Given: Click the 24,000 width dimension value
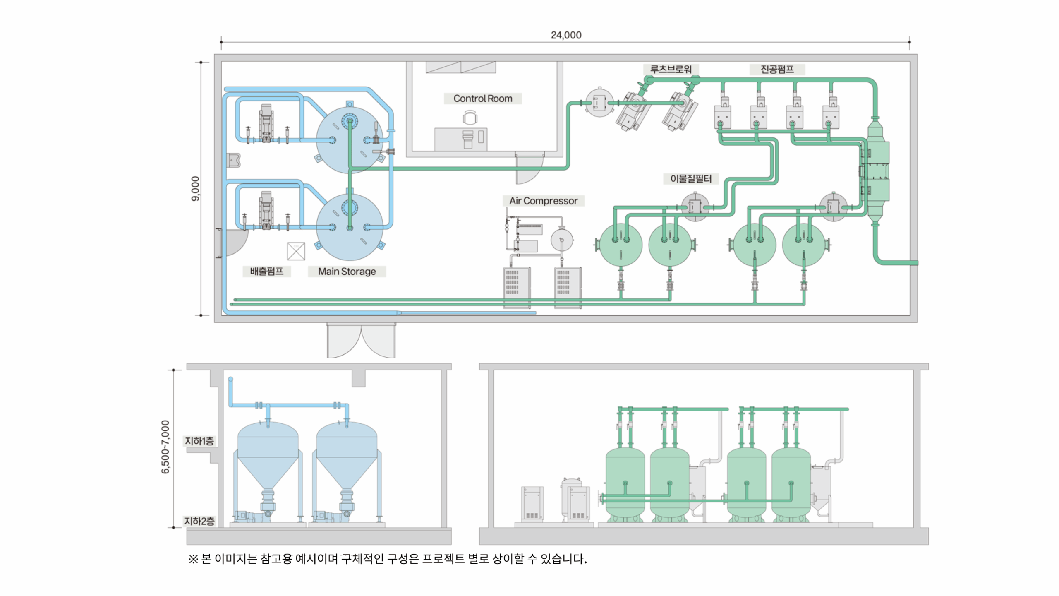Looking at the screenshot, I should [x=566, y=35].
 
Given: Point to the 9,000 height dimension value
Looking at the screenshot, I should [x=195, y=189].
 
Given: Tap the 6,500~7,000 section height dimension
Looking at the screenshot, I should [x=165, y=447].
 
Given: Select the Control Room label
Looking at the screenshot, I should [x=483, y=99].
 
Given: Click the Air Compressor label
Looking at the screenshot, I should [x=543, y=201].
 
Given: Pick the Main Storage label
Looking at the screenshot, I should [x=347, y=272].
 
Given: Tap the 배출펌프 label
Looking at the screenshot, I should [x=267, y=272].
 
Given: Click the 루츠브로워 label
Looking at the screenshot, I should [x=671, y=69].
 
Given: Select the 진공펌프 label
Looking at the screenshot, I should [x=777, y=69].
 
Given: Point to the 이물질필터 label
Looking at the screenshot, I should [x=691, y=179].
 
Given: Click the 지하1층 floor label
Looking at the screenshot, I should [x=199, y=441].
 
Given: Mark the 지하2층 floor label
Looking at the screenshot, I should [x=199, y=521].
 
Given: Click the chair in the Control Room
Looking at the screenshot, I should [x=470, y=118].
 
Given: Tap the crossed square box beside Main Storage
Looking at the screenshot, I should [x=296, y=251].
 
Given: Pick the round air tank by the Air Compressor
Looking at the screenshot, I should [x=561, y=240].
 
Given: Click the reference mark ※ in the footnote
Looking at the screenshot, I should [x=193, y=559].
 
